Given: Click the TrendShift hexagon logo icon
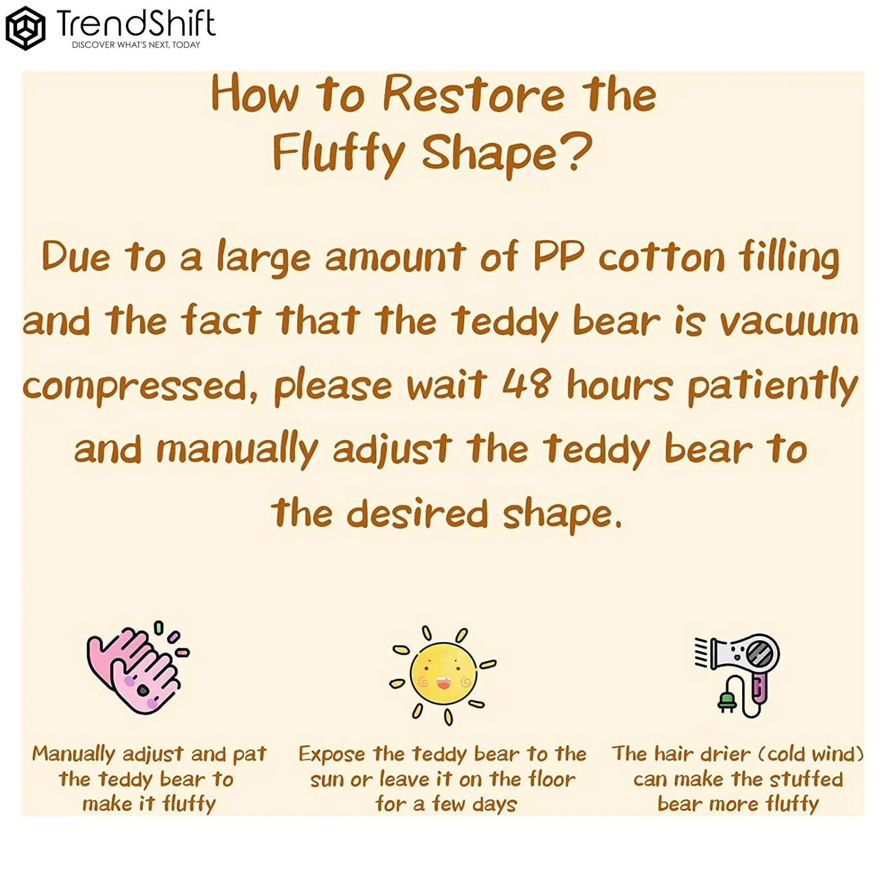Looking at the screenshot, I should (x=25, y=28).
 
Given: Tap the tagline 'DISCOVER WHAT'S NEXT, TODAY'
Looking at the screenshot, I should (x=136, y=45).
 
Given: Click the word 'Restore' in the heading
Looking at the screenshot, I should (x=473, y=95).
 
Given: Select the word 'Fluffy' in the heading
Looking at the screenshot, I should (x=338, y=153).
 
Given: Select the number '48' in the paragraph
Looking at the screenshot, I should (x=526, y=384).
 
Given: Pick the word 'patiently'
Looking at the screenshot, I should (x=773, y=387).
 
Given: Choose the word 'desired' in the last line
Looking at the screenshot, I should (x=417, y=514).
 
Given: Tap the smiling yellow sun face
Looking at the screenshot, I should (x=443, y=673).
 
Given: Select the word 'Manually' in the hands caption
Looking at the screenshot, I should (x=74, y=754).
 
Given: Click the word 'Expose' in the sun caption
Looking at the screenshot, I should (x=331, y=754).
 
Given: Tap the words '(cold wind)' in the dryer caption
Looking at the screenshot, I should (x=811, y=754).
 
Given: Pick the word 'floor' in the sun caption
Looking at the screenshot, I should (x=552, y=780).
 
